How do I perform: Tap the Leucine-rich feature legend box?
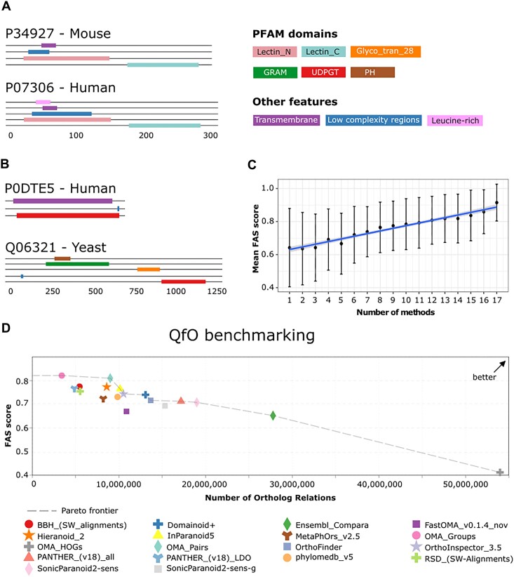[455, 120]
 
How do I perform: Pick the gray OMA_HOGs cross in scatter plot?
[500, 472]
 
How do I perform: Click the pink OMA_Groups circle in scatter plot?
[62, 376]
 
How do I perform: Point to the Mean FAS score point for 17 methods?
[496, 203]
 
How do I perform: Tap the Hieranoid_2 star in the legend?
[28, 536]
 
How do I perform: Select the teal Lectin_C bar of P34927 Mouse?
[163, 65]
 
